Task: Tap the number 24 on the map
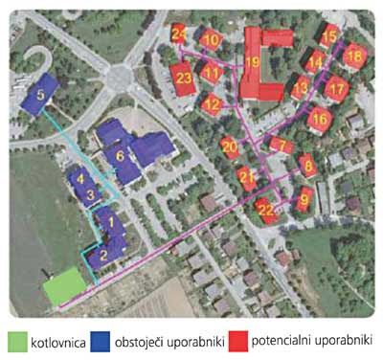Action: pos(179,34)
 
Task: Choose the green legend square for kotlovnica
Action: pos(18,340)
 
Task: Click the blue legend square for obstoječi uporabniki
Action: pos(101,340)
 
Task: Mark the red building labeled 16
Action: pos(320,119)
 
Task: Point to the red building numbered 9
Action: pos(304,200)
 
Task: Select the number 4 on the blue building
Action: pos(81,177)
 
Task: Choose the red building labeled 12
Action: pos(213,103)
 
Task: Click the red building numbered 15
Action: pos(330,37)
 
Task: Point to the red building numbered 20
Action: pos(228,147)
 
